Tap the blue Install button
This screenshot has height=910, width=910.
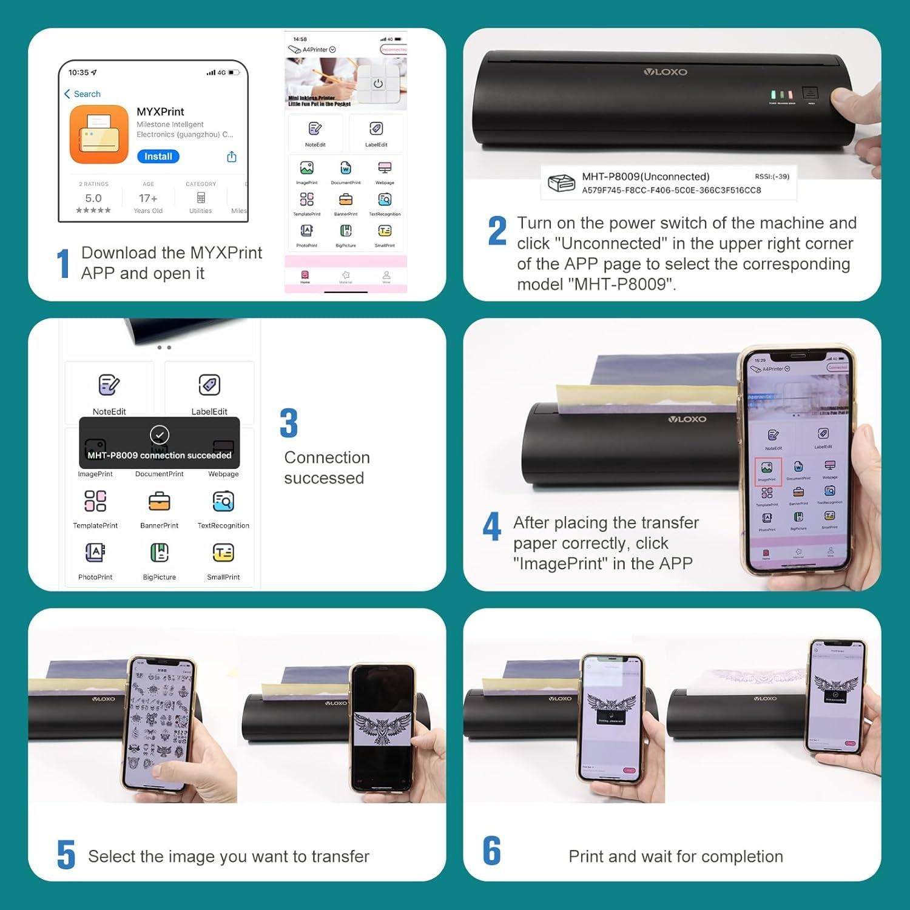coord(158,157)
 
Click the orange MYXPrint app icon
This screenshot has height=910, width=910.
coord(99,135)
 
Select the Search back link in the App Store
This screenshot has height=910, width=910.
coord(83,94)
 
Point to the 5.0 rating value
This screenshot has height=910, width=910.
coord(93,198)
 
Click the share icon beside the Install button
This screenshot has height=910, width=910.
coord(232,157)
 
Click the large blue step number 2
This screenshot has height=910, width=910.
coord(497,231)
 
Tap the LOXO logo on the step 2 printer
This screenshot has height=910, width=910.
coord(666,72)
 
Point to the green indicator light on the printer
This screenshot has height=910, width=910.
coord(773,95)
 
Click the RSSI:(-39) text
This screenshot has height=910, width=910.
coord(772,177)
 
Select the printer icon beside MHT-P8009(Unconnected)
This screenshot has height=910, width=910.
coord(561,183)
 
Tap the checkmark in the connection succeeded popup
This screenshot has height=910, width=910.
coord(160,434)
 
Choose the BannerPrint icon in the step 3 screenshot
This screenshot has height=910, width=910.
coord(160,502)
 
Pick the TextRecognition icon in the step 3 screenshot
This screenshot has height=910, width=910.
coord(223,502)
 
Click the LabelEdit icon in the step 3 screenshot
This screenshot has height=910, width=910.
coord(209,385)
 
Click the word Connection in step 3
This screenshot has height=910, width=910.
coord(327,457)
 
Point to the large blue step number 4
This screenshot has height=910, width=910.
coord(492,527)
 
